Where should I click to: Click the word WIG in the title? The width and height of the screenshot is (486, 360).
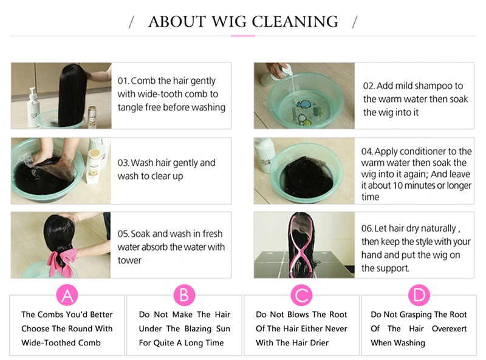click(x=229, y=22)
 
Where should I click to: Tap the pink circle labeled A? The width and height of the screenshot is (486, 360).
click(x=67, y=295)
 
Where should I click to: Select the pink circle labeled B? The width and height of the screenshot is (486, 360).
click(x=184, y=295)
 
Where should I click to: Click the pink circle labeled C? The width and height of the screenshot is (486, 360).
click(x=301, y=295)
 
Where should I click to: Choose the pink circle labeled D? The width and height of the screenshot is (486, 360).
click(x=419, y=295)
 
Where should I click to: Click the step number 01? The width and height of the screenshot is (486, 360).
click(x=123, y=81)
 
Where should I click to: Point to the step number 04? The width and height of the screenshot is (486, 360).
click(x=367, y=152)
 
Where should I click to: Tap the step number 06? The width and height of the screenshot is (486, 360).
click(x=367, y=229)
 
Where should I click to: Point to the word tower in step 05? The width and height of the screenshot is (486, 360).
click(x=129, y=260)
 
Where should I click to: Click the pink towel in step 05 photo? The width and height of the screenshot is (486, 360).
click(x=62, y=262)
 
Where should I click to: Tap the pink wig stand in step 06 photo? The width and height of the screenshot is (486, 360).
click(x=300, y=245)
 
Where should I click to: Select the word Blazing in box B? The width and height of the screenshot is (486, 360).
click(x=198, y=328)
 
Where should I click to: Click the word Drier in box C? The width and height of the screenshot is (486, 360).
click(x=319, y=342)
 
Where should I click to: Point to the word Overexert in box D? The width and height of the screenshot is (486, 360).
click(x=449, y=328)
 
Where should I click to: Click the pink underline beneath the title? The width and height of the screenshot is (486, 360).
click(x=242, y=36)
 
